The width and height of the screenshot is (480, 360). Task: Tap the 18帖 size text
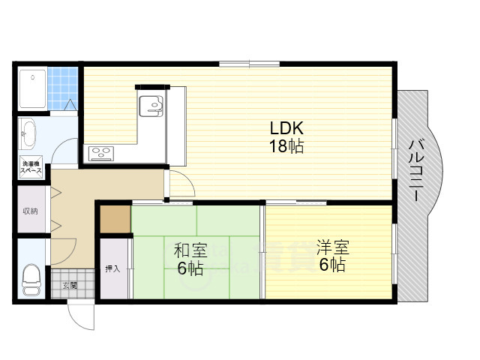pyautogui.click(x=286, y=146)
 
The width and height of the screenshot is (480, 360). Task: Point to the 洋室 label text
pyautogui.click(x=331, y=247)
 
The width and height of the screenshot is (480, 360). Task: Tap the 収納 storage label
pyautogui.click(x=30, y=210)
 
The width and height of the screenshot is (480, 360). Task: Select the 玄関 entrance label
pyautogui.click(x=69, y=285)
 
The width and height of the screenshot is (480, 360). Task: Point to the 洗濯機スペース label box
pyautogui.click(x=31, y=167)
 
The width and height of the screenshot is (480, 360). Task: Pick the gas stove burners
pyautogui.click(x=101, y=154)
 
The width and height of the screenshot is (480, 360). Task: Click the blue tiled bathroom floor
pyautogui.click(x=64, y=87)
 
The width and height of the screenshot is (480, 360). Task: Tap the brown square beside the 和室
pyautogui.click(x=115, y=218)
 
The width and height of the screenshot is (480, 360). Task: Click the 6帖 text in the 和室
pyautogui.click(x=190, y=268)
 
